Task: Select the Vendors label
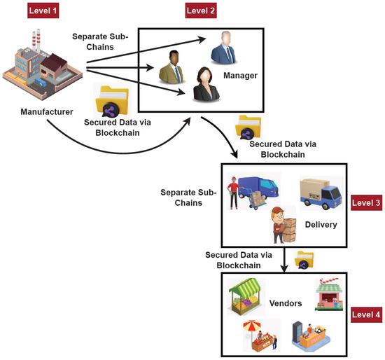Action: [x=286, y=304]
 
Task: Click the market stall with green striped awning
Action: [x=246, y=296]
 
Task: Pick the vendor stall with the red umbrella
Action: [x=259, y=335]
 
